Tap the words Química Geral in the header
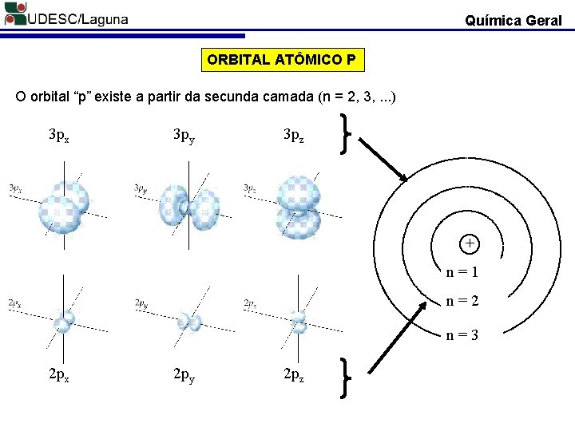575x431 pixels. pos(514,21)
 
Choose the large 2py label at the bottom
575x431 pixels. pos(184,374)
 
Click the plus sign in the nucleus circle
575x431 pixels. pos(470,243)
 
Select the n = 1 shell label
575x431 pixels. pos(462,272)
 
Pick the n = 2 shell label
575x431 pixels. pos(462,302)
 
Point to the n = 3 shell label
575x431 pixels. pos(462,336)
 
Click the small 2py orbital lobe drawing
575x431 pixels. pos(189,321)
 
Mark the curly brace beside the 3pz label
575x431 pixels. pos(345,134)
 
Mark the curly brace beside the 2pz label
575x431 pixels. pos(345,375)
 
